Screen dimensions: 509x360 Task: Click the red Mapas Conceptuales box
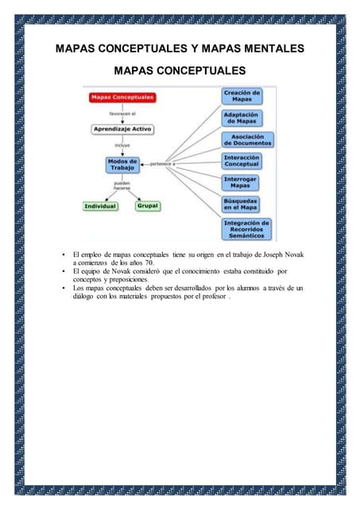tap(122, 98)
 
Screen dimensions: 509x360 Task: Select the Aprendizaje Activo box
tap(122, 129)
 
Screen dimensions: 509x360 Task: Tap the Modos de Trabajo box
tap(122, 165)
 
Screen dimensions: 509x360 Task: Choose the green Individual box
tap(100, 206)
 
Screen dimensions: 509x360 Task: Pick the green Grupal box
tap(148, 206)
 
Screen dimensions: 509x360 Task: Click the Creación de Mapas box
tap(242, 96)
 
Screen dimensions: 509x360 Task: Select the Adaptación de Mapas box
tap(242, 119)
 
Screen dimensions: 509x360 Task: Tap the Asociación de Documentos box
tap(247, 140)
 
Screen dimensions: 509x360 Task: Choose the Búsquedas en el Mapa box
tap(242, 204)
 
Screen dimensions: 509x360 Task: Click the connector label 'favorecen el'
tap(122, 114)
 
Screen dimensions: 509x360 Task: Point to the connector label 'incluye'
tap(122, 146)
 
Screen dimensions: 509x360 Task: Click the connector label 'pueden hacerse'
tap(122, 186)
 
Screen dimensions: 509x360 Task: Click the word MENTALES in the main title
tap(266, 49)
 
